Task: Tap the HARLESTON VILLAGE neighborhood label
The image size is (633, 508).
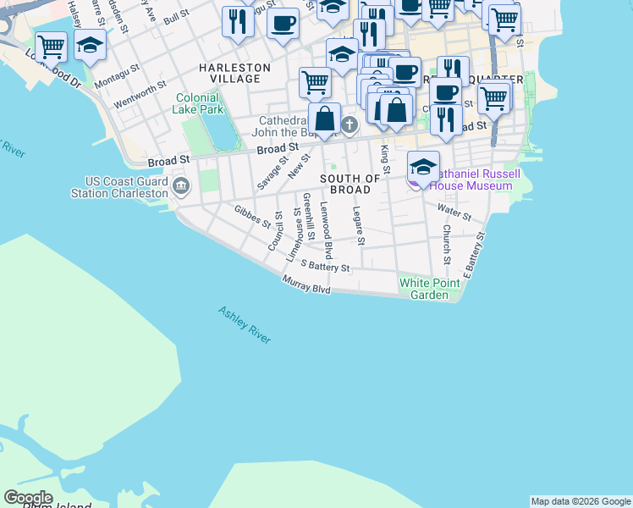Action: click(234, 73)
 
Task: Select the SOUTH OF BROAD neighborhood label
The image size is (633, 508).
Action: click(350, 185)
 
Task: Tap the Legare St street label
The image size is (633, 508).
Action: click(359, 226)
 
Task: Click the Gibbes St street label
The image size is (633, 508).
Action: click(252, 218)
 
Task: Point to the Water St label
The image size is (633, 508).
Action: click(454, 207)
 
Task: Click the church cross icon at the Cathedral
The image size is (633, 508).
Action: click(349, 126)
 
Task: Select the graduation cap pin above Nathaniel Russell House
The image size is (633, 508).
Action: click(423, 166)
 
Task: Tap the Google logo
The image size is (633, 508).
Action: click(28, 498)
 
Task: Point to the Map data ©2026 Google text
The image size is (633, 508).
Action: click(581, 501)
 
